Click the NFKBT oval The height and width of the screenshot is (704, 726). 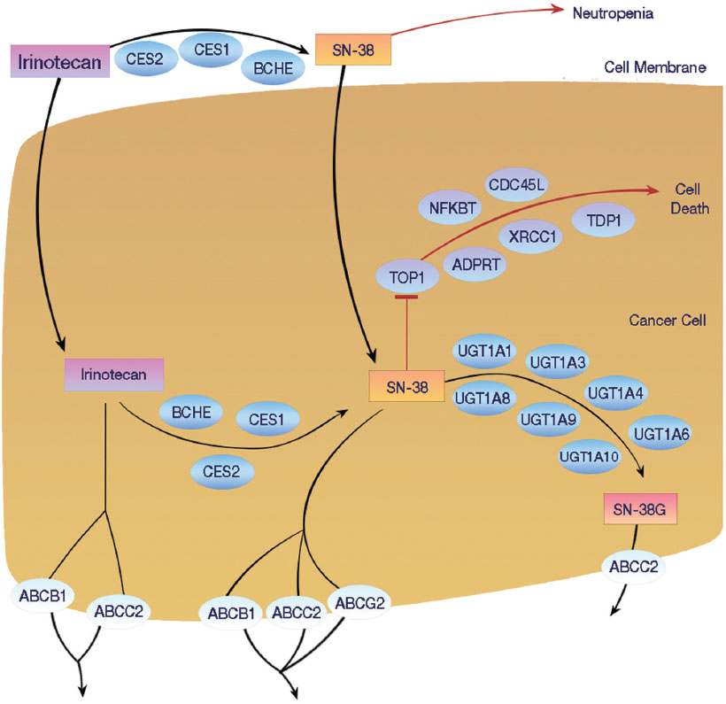pos(449,209)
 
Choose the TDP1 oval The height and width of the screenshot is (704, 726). pos(604,220)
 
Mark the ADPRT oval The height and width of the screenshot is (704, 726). pos(473,264)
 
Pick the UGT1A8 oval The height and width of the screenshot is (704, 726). pos(483,397)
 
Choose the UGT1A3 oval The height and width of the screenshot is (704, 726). pos(558,361)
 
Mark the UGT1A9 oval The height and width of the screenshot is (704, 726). pos(549,417)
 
